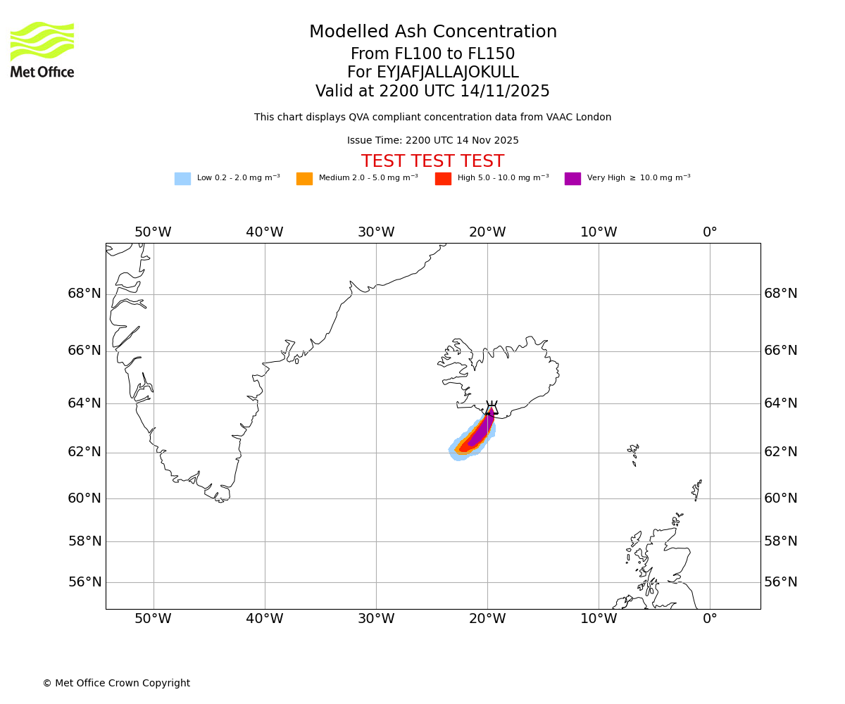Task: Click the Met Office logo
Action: click(x=42, y=49)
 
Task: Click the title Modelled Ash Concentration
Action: click(x=433, y=32)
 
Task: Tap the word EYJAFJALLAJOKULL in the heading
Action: click(x=448, y=73)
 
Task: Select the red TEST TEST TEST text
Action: click(x=432, y=161)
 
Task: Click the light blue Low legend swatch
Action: click(x=182, y=178)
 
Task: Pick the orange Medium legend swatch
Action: click(x=304, y=178)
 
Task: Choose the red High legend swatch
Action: click(x=443, y=178)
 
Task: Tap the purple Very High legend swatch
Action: click(x=572, y=178)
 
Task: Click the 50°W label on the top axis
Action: click(x=153, y=232)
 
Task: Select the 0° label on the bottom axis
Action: click(x=710, y=619)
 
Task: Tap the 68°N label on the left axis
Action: click(x=84, y=294)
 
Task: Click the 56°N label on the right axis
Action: click(x=781, y=582)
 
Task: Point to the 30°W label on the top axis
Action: click(x=375, y=232)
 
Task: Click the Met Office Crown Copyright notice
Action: click(x=116, y=683)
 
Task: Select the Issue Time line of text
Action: click(x=432, y=141)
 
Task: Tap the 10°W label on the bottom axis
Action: click(x=599, y=619)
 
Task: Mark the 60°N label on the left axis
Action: click(x=84, y=498)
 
